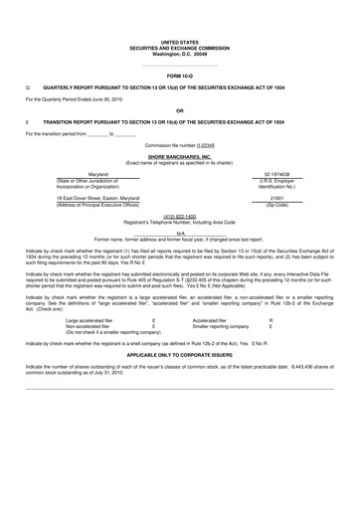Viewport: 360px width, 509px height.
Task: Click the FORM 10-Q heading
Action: pos(179,75)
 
